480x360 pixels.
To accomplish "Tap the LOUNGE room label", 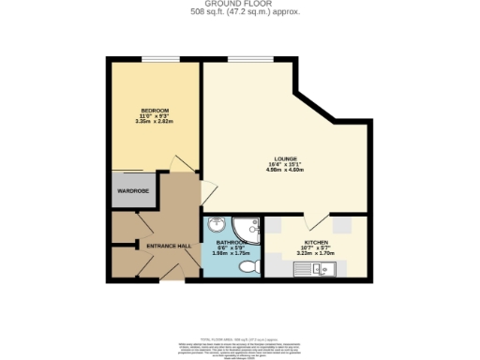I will [285, 158].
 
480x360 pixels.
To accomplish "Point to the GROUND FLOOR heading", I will [240, 5].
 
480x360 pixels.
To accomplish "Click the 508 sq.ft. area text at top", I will [240, 13].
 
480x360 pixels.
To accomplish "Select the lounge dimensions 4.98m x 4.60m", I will [285, 170].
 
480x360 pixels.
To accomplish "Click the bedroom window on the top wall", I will [155, 61].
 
